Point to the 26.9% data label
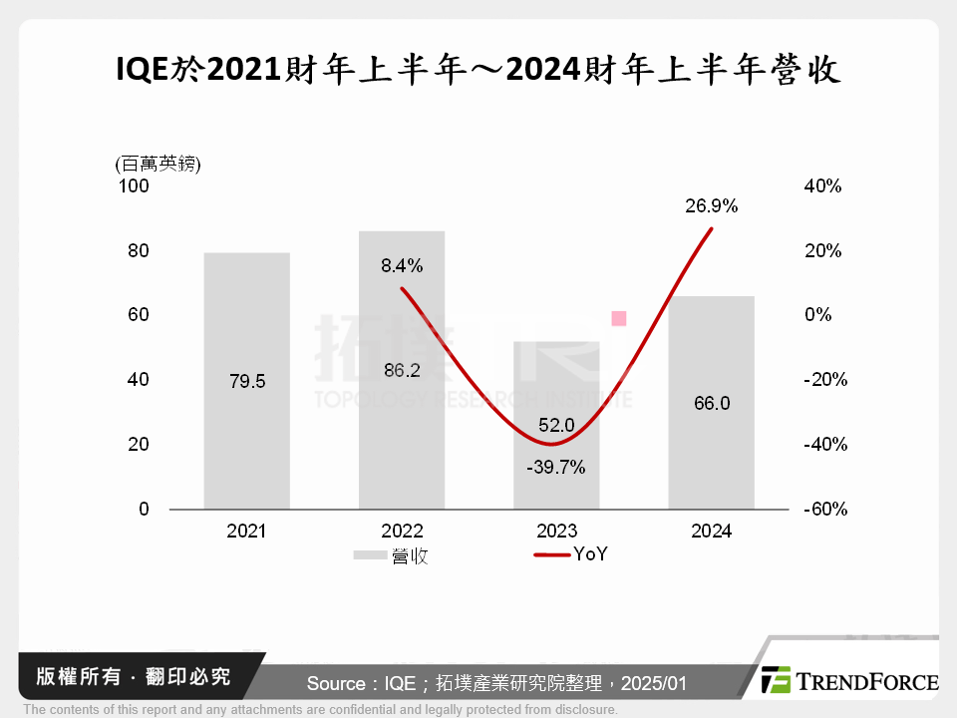[711, 206]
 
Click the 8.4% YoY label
[402, 265]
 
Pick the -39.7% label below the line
[556, 467]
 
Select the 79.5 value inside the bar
[246, 380]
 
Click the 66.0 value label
[711, 403]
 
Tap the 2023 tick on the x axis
[556, 532]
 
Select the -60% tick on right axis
[824, 509]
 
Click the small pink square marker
[618, 318]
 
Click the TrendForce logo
[848, 681]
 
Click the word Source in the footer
[336, 683]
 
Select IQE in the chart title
[144, 70]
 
